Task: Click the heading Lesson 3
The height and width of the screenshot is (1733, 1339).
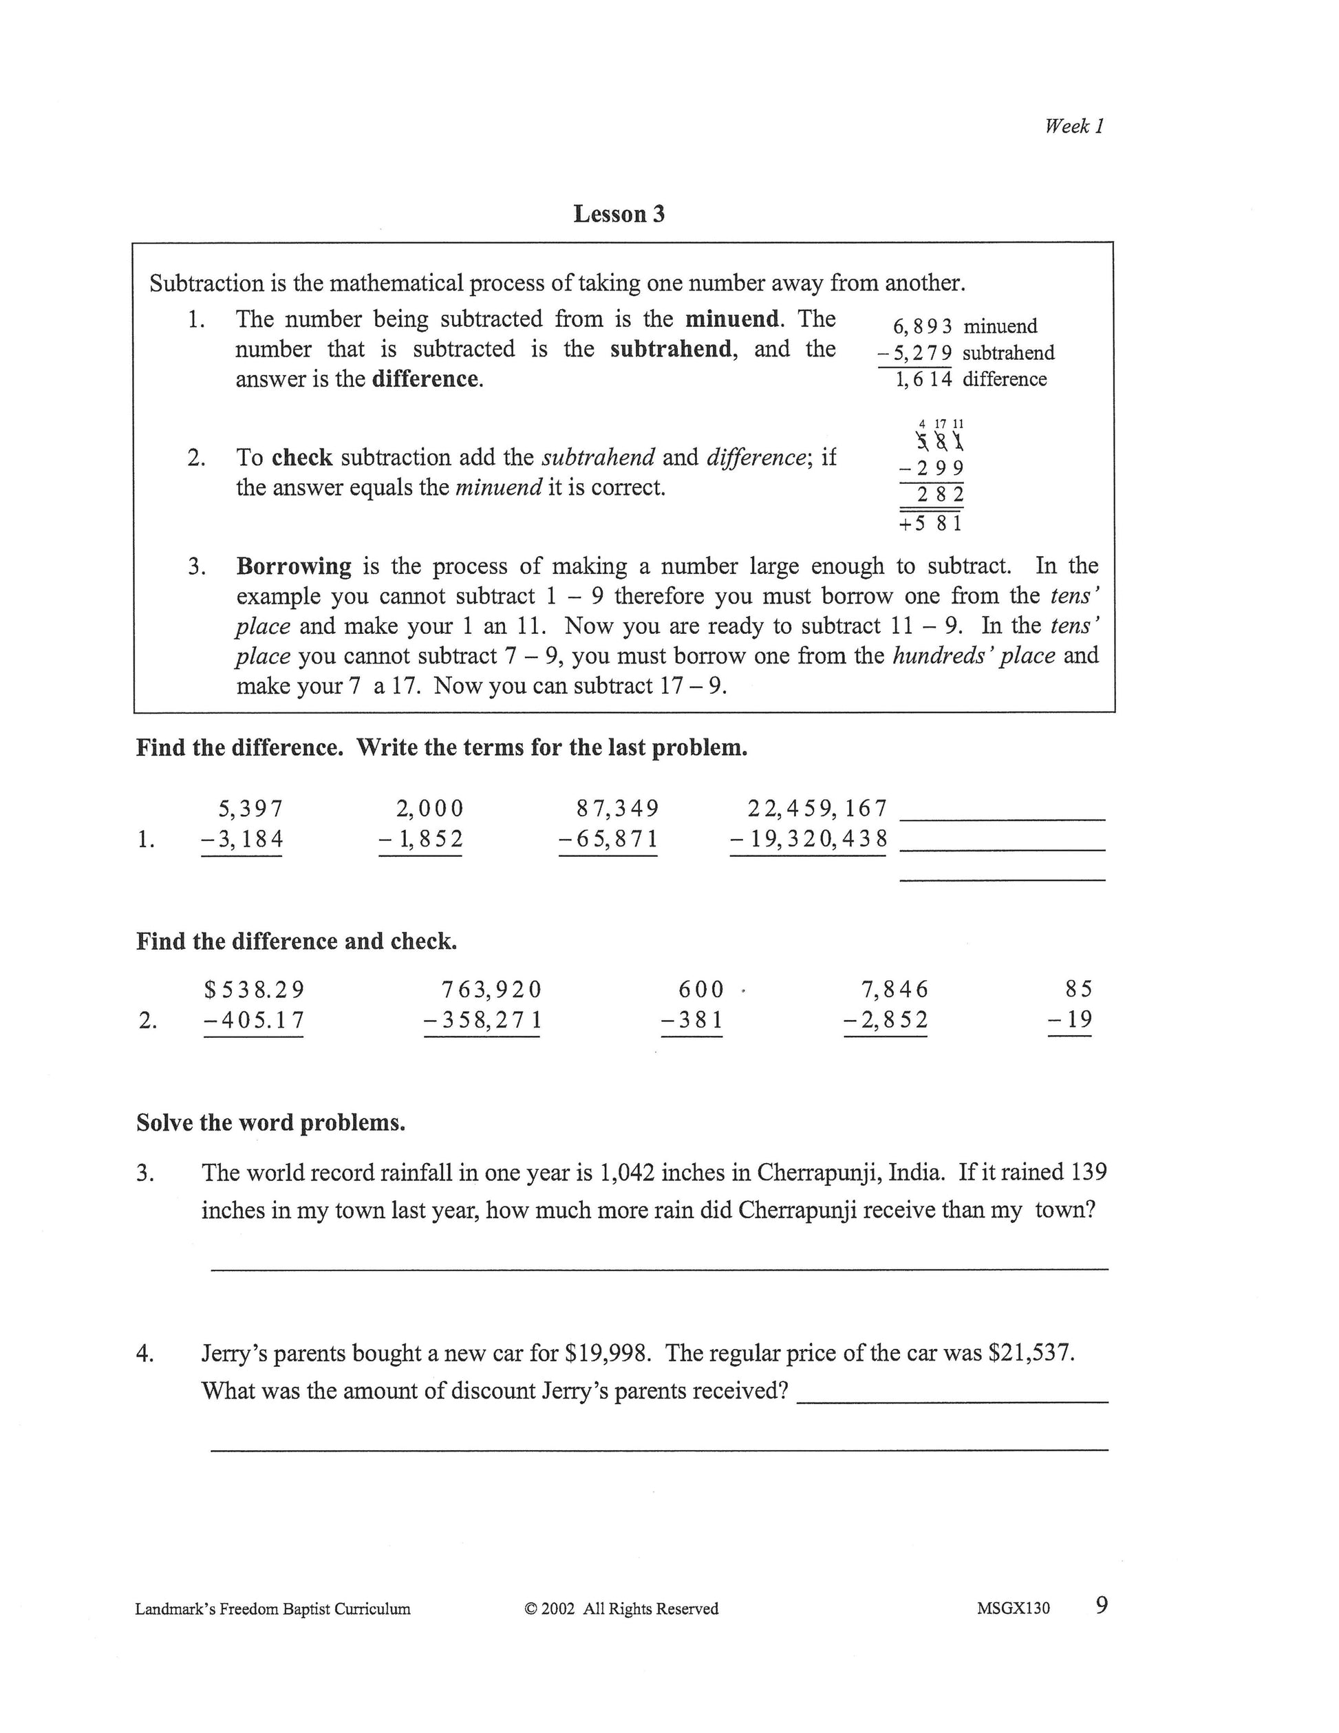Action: coord(619,214)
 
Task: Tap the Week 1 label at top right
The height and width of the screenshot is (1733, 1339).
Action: coord(1074,126)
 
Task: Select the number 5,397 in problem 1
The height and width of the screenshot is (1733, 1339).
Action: coord(250,809)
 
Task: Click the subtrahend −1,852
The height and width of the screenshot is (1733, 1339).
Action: coord(420,840)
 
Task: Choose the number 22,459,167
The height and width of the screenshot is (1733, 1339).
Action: coord(817,809)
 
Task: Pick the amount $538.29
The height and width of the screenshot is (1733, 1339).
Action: coord(254,990)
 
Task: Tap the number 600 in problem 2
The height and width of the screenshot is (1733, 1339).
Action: coord(701,990)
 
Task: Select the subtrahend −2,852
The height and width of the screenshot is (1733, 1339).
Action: coord(886,1020)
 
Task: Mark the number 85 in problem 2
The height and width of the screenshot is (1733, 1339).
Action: coord(1079,989)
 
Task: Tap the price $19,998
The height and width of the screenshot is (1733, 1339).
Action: coord(608,1353)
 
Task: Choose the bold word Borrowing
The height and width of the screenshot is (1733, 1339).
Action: coord(294,566)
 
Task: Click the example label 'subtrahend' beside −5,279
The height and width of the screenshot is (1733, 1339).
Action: coord(1008,353)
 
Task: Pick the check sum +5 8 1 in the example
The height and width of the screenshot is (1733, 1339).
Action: coord(931,524)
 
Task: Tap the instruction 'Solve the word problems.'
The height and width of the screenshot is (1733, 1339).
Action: coord(270,1123)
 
